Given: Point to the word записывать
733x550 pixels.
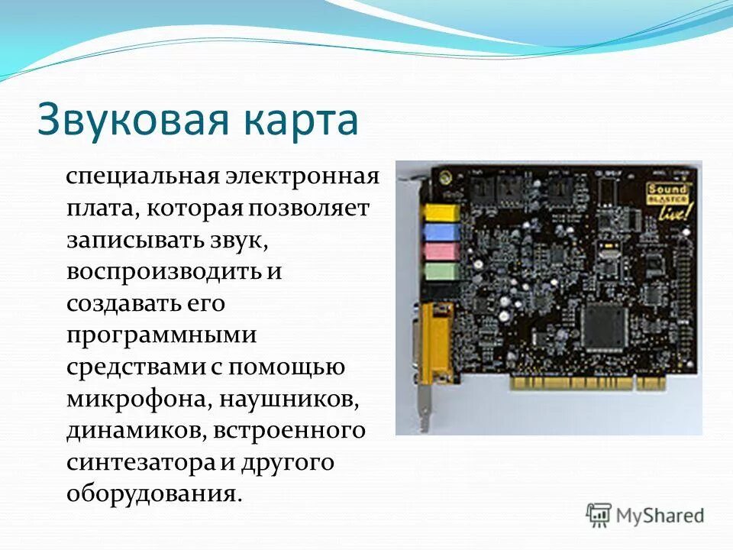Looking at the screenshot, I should coord(133,241).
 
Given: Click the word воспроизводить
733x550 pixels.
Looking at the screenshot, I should coord(156,272).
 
